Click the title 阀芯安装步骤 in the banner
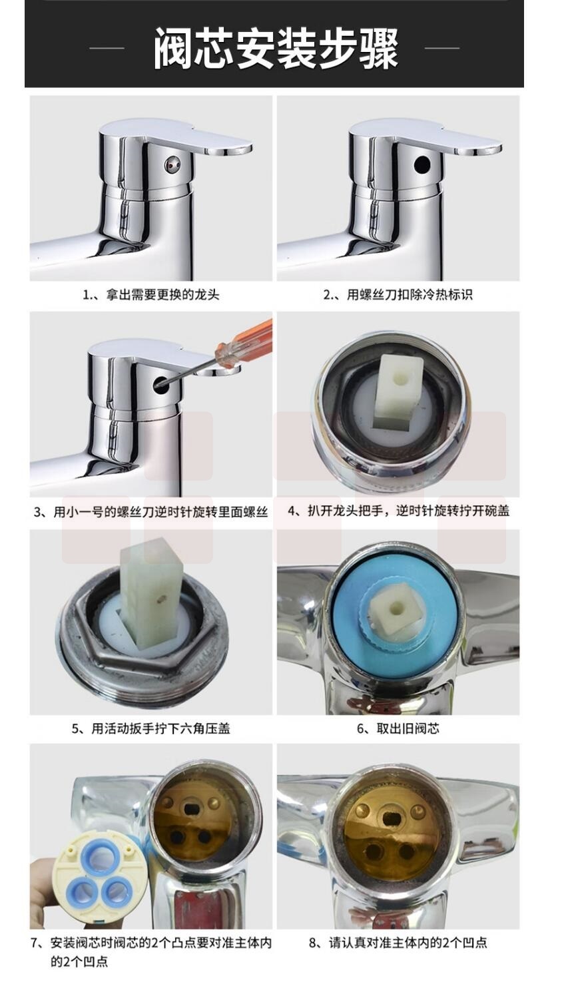click(276, 49)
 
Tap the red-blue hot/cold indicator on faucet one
click(172, 165)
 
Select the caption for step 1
click(150, 294)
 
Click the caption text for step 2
click(398, 294)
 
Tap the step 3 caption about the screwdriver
click(150, 512)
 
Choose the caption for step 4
click(399, 511)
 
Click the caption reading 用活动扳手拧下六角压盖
click(150, 728)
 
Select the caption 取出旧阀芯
click(398, 728)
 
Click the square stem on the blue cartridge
click(394, 611)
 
